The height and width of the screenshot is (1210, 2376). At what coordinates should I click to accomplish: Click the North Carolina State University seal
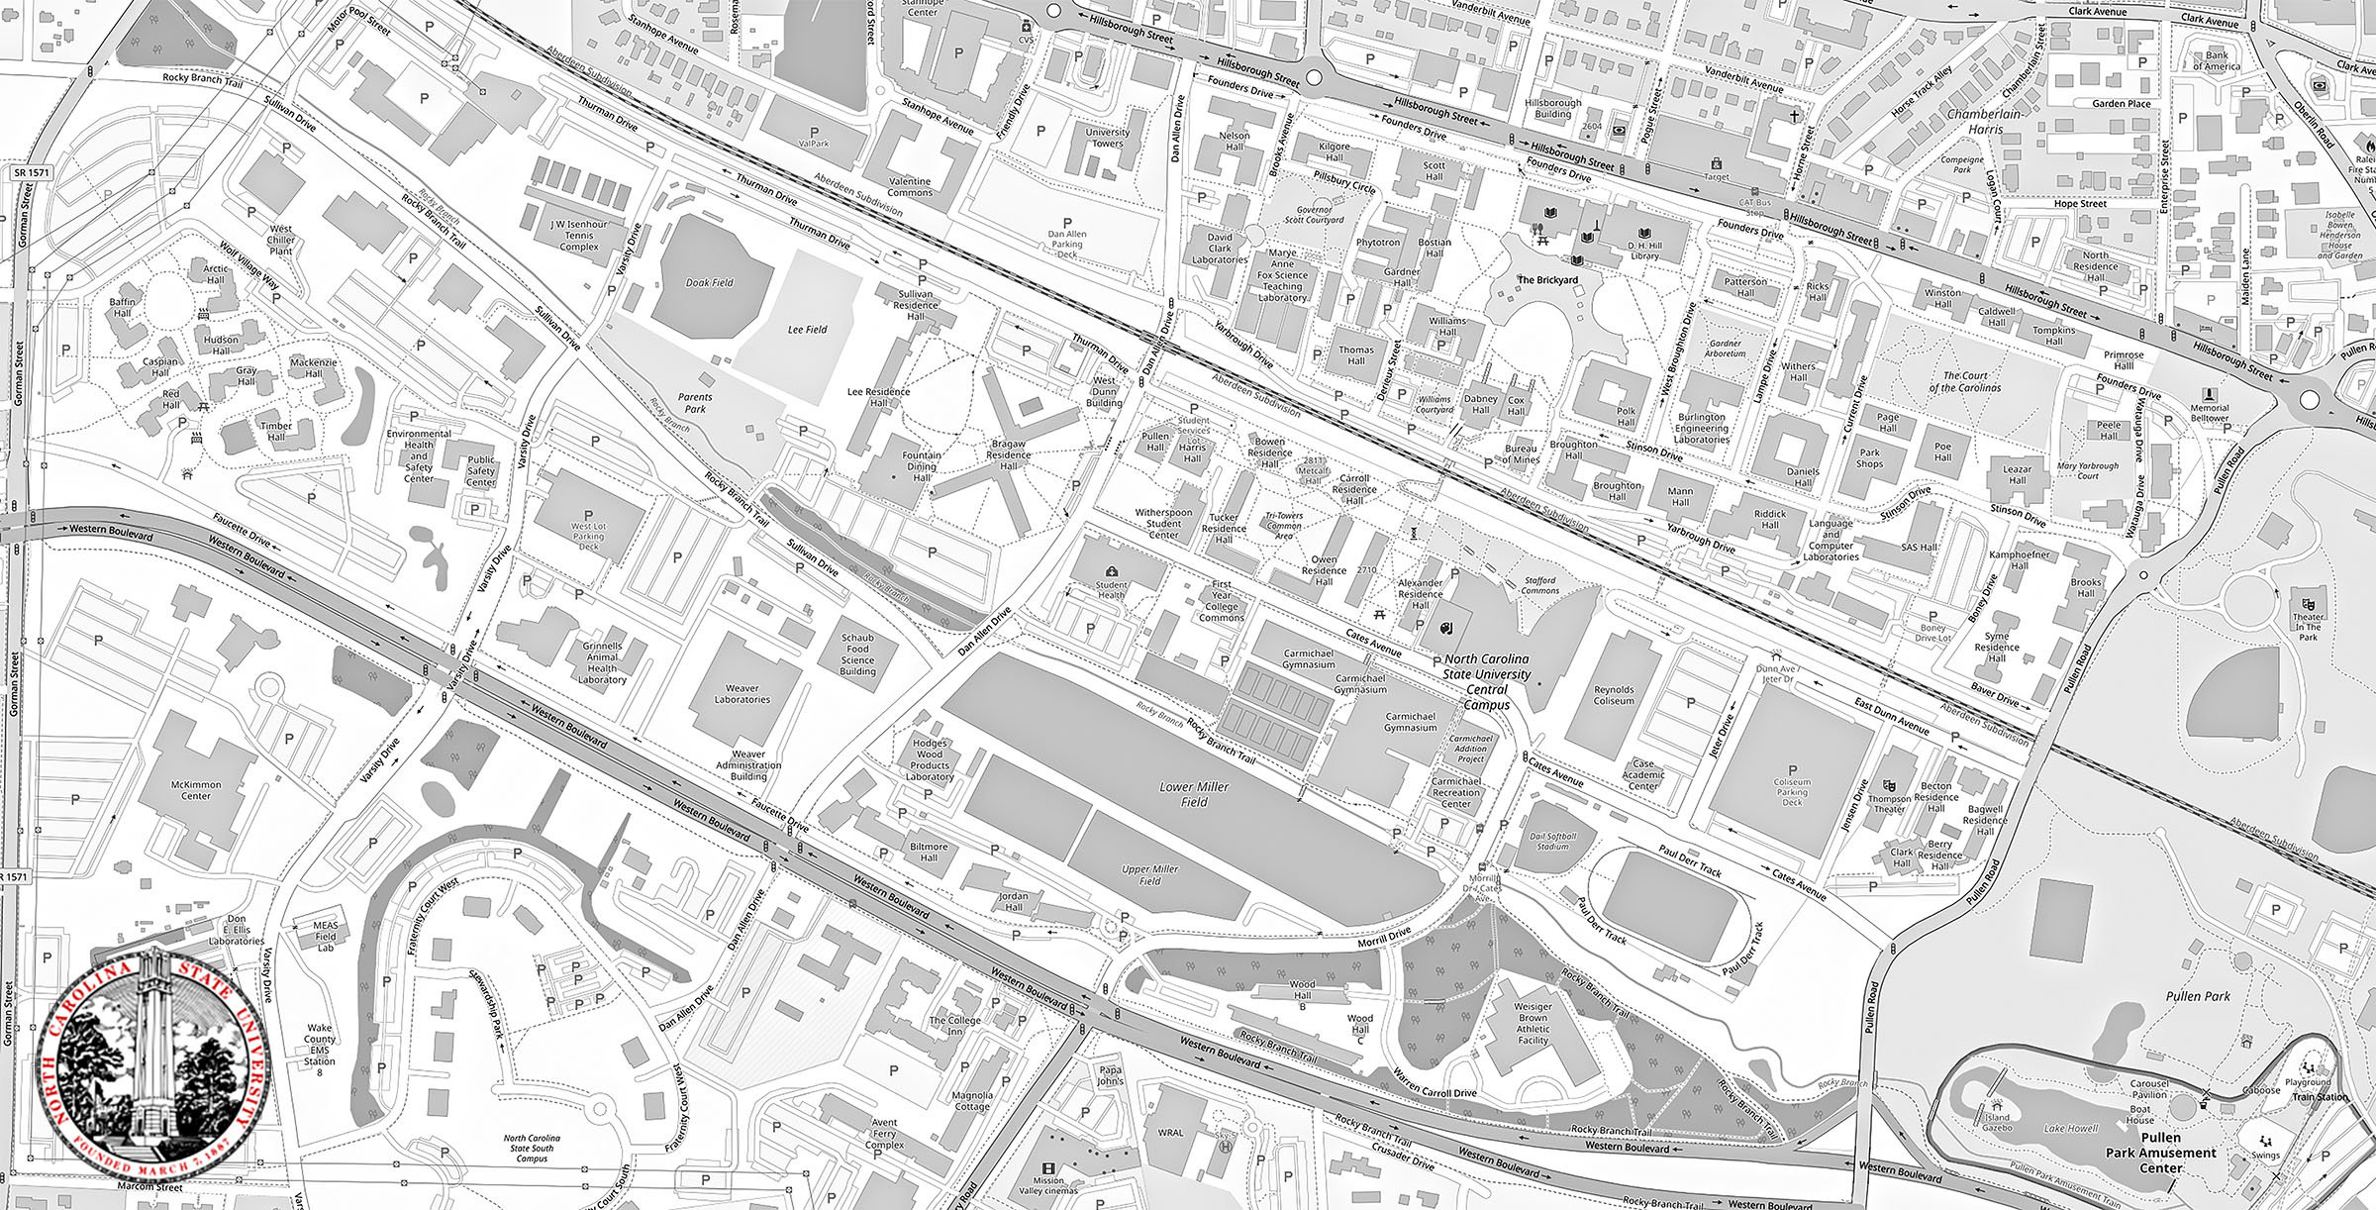click(153, 1056)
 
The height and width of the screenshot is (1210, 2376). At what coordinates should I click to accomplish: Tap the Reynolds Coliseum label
click(1614, 695)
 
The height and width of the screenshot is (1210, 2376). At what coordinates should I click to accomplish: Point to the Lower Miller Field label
click(1194, 794)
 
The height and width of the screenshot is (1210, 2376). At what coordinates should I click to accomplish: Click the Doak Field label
click(710, 283)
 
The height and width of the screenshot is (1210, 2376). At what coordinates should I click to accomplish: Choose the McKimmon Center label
click(196, 790)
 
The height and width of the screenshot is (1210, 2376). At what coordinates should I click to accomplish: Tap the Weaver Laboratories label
click(742, 693)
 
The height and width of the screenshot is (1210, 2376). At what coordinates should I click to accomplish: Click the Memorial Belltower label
click(2210, 413)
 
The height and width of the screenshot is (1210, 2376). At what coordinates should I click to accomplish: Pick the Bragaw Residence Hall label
click(1010, 460)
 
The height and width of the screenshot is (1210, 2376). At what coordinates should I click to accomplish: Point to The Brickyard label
click(1547, 280)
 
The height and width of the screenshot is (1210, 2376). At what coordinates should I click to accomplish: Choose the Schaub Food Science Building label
click(857, 654)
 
